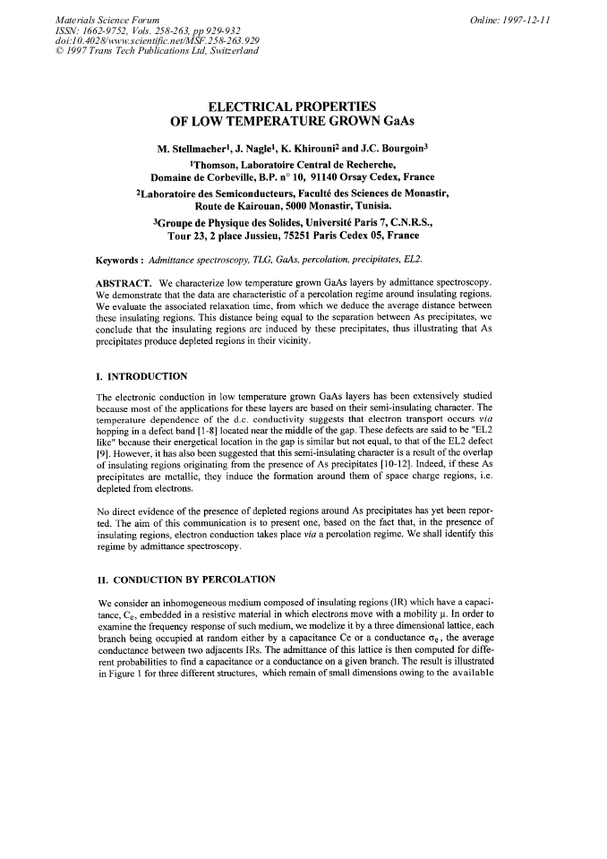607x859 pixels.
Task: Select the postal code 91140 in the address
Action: (333, 176)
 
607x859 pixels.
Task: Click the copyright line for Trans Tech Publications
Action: (157, 50)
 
